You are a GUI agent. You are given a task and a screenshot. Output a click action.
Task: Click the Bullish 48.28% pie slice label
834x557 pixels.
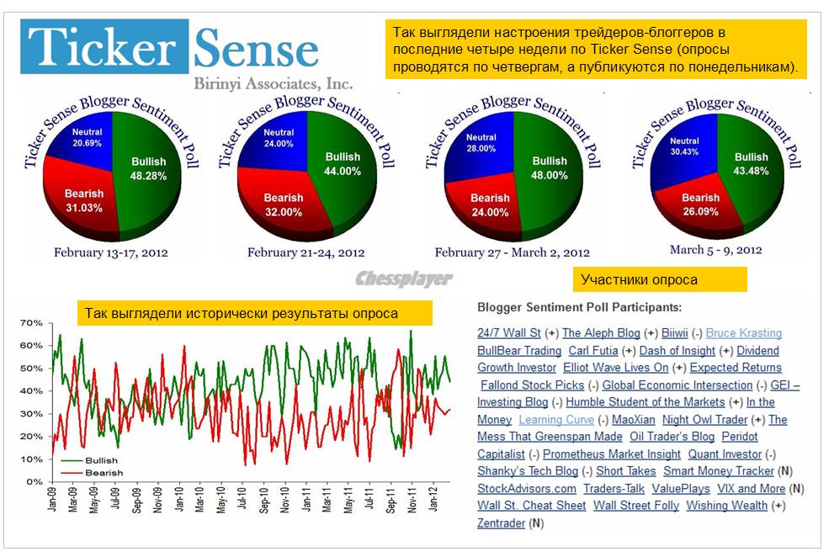click(149, 168)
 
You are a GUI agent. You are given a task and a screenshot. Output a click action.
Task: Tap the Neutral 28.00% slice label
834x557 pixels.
click(481, 143)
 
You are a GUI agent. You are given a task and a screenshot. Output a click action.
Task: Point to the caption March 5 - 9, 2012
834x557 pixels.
click(716, 249)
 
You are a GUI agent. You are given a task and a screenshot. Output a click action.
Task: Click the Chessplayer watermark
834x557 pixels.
click(403, 278)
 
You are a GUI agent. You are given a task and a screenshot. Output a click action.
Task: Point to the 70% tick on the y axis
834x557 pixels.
click(31, 323)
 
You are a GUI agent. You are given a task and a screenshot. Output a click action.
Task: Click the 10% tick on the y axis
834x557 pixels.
click(31, 459)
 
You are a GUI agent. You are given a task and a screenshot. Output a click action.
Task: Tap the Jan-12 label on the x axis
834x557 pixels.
click(434, 501)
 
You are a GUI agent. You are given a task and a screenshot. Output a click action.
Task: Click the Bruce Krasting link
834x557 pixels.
click(743, 333)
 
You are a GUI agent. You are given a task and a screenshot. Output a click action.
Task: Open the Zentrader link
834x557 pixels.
click(501, 523)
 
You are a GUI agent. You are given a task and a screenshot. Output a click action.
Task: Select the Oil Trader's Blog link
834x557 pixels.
click(672, 437)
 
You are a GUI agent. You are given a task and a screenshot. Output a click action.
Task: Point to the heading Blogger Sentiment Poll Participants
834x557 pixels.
click(579, 308)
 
